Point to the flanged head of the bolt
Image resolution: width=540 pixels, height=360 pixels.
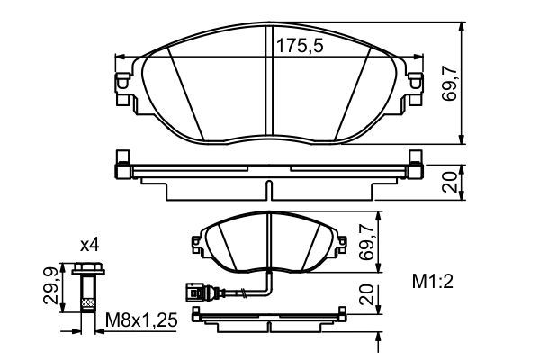click(87, 267)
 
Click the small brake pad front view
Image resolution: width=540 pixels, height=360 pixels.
click(270, 245)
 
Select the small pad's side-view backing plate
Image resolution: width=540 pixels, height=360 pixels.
click(270, 317)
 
